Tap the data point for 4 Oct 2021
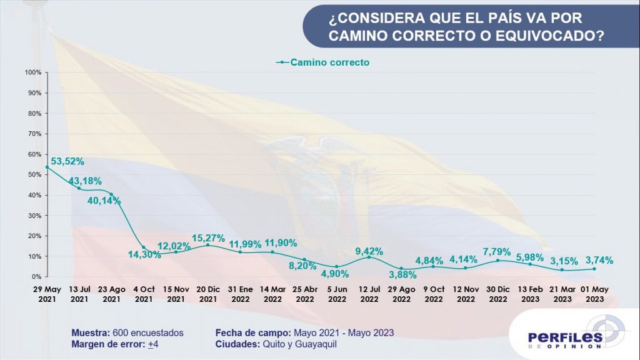coord(144,247)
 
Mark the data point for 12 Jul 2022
coord(369,257)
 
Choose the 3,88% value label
coord(401,272)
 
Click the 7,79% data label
coord(497,252)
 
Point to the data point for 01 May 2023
coord(594,269)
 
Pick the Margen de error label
coord(99,344)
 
